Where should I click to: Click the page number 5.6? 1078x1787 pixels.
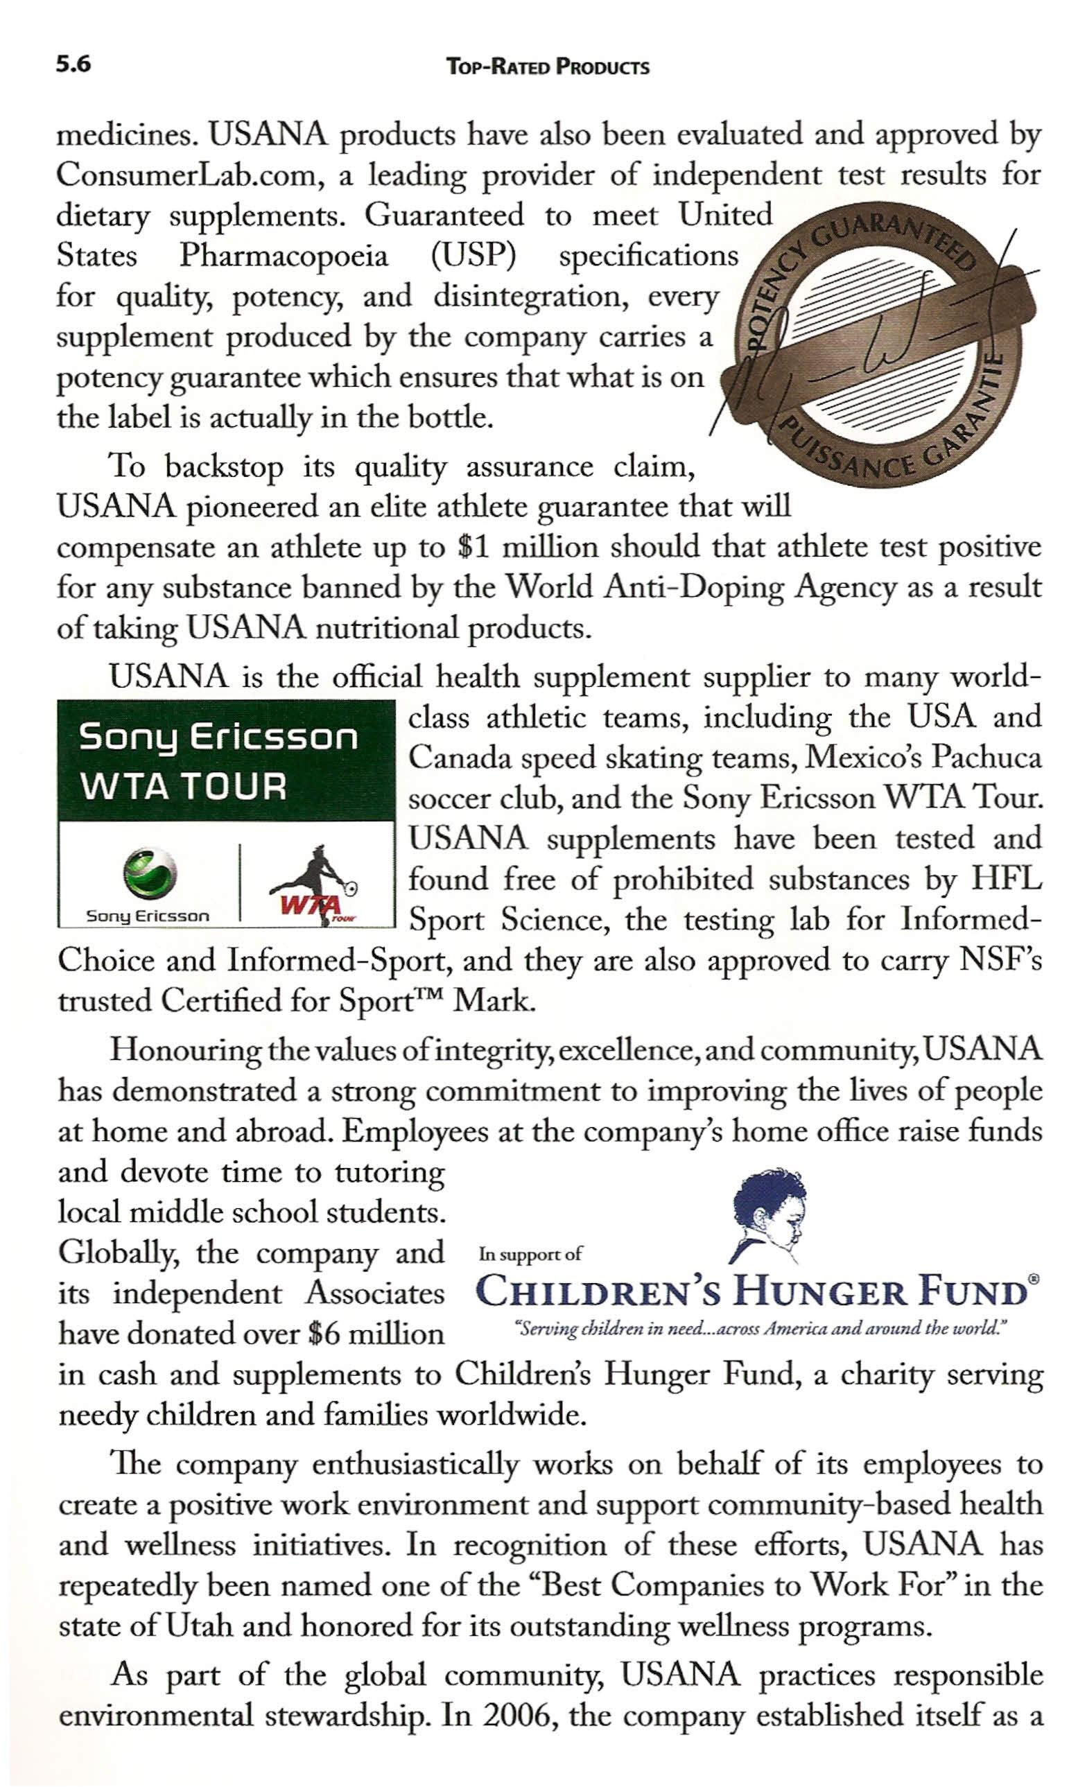[73, 65]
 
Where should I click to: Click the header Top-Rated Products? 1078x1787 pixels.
[548, 68]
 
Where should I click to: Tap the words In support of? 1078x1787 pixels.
[530, 1254]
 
